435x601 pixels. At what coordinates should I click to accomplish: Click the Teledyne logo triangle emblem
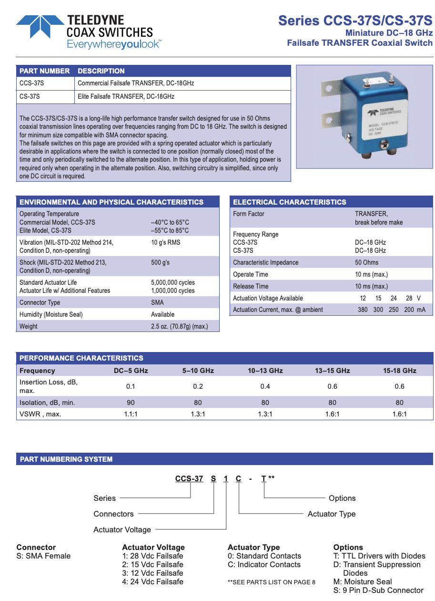40,26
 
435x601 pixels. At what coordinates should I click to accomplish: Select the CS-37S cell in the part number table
30,96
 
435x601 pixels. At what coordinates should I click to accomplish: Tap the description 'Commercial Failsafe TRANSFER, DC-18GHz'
136,83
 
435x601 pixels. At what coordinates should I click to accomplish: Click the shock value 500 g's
160,262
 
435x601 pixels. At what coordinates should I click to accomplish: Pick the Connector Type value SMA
157,302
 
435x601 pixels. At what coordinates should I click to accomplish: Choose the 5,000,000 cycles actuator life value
172,282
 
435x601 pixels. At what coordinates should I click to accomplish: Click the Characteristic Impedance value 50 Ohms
367,262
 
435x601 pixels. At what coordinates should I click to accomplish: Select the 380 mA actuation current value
363,310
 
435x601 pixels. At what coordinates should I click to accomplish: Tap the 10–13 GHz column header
265,371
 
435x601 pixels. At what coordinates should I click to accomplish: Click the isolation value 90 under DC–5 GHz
131,403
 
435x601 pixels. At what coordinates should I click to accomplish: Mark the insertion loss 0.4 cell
265,386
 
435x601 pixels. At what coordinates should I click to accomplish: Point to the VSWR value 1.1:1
131,414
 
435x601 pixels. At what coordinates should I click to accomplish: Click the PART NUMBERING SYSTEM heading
66,459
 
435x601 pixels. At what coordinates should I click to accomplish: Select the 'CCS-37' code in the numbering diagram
189,478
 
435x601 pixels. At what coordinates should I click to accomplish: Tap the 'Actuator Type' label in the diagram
331,514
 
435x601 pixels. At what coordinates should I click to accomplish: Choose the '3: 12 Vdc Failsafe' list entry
152,573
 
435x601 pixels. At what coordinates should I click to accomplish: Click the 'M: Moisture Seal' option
363,581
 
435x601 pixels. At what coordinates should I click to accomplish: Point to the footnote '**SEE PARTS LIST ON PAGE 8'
272,582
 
